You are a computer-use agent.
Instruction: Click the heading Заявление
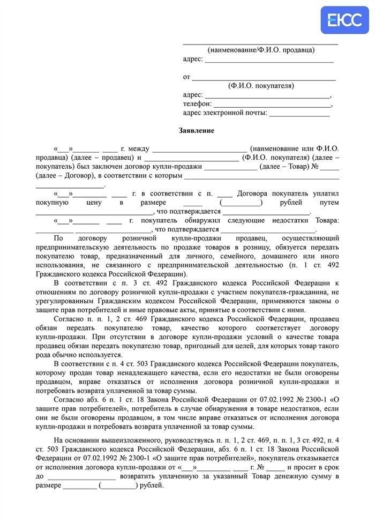tap(197, 130)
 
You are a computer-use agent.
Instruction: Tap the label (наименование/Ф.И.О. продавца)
tap(261, 50)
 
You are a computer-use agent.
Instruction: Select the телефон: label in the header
tap(198, 104)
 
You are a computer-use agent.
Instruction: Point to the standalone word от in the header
tap(186, 77)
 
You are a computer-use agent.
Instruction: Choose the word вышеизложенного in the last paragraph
tap(107, 440)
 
